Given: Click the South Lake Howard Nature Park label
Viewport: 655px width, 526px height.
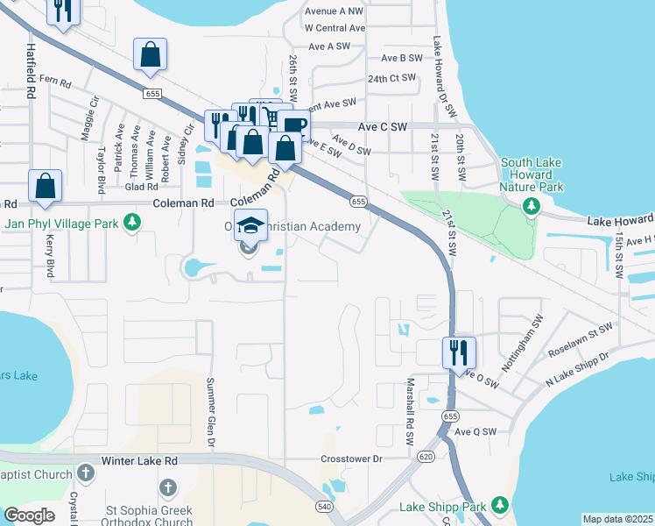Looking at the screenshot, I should click(x=532, y=174).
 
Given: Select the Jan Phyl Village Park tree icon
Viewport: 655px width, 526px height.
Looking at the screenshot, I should click(x=131, y=224).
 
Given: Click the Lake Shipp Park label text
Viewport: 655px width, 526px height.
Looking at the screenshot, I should click(x=442, y=506).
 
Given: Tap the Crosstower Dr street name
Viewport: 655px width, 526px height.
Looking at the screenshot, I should click(x=352, y=458).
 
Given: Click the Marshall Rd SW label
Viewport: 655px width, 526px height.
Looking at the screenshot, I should click(x=409, y=411).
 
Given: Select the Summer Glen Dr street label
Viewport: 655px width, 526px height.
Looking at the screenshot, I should click(x=211, y=411).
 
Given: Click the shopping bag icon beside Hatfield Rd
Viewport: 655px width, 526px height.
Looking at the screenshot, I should click(x=45, y=187).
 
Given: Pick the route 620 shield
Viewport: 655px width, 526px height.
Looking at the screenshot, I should click(x=426, y=457).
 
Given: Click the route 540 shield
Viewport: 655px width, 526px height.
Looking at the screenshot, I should click(x=324, y=506).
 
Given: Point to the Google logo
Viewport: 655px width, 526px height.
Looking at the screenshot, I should click(x=29, y=515).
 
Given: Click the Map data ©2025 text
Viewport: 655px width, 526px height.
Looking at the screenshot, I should click(x=616, y=519).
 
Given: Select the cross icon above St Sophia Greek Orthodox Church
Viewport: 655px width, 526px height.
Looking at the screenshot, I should click(x=167, y=486).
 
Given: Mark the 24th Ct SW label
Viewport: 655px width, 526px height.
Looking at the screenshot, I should click(x=391, y=79).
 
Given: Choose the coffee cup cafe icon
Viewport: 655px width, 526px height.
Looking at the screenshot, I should click(x=294, y=125).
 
